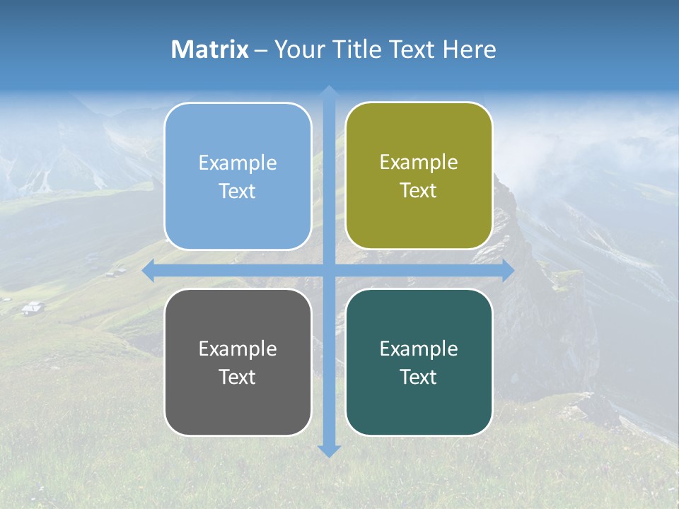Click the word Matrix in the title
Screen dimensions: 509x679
[210, 49]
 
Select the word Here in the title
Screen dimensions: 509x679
[469, 49]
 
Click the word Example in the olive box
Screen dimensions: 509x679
[419, 162]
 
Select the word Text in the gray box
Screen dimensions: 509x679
[237, 377]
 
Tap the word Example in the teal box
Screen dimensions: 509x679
[419, 349]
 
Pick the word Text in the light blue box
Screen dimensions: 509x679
[237, 191]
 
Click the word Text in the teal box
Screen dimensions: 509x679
[419, 377]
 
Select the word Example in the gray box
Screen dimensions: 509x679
[238, 349]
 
